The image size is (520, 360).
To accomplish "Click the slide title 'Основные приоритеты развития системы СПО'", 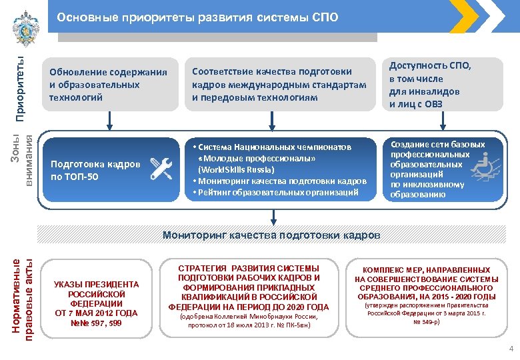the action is (197, 17).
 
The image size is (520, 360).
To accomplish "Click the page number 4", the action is (511, 349).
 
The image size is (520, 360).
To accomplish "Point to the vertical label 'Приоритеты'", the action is (21, 90).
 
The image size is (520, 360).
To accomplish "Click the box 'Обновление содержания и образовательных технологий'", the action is (107, 85).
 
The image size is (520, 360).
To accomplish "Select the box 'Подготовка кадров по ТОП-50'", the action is (95, 170).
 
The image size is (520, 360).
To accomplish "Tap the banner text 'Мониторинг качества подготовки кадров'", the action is (272, 235).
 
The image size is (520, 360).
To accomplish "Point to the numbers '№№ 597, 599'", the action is (96, 323).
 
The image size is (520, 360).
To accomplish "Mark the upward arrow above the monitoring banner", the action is (273, 216).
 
